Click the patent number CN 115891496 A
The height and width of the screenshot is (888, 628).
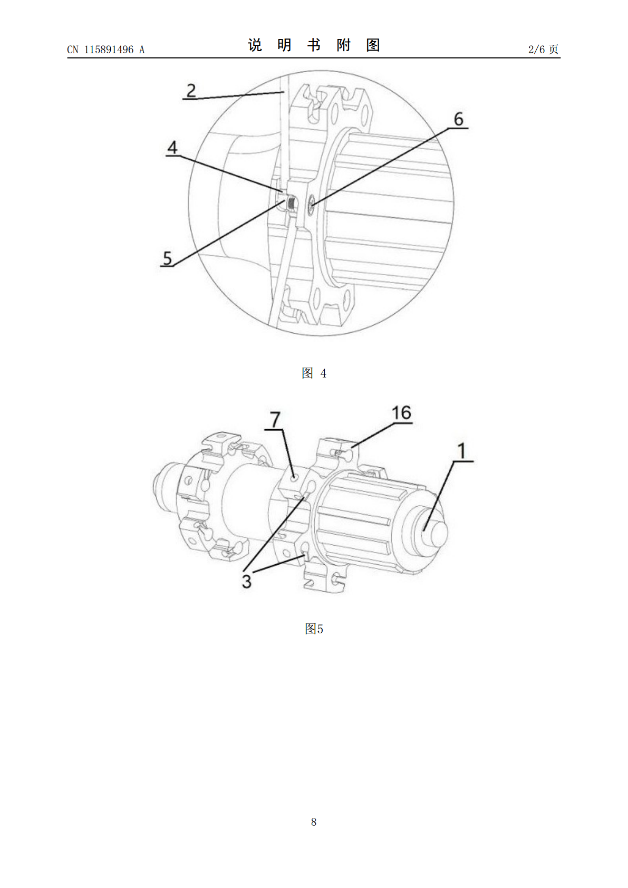pos(106,50)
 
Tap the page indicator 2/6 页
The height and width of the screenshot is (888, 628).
pos(543,49)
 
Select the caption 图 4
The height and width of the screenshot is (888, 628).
pos(314,373)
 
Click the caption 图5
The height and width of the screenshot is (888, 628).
pos(314,629)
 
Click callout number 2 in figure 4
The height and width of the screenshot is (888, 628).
pos(191,90)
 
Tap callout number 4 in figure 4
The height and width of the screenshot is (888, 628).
pos(172,148)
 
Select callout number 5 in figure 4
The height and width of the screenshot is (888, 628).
pos(167,258)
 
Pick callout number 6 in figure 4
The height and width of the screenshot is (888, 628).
pos(459,119)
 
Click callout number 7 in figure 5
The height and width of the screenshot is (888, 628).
pos(275,419)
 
